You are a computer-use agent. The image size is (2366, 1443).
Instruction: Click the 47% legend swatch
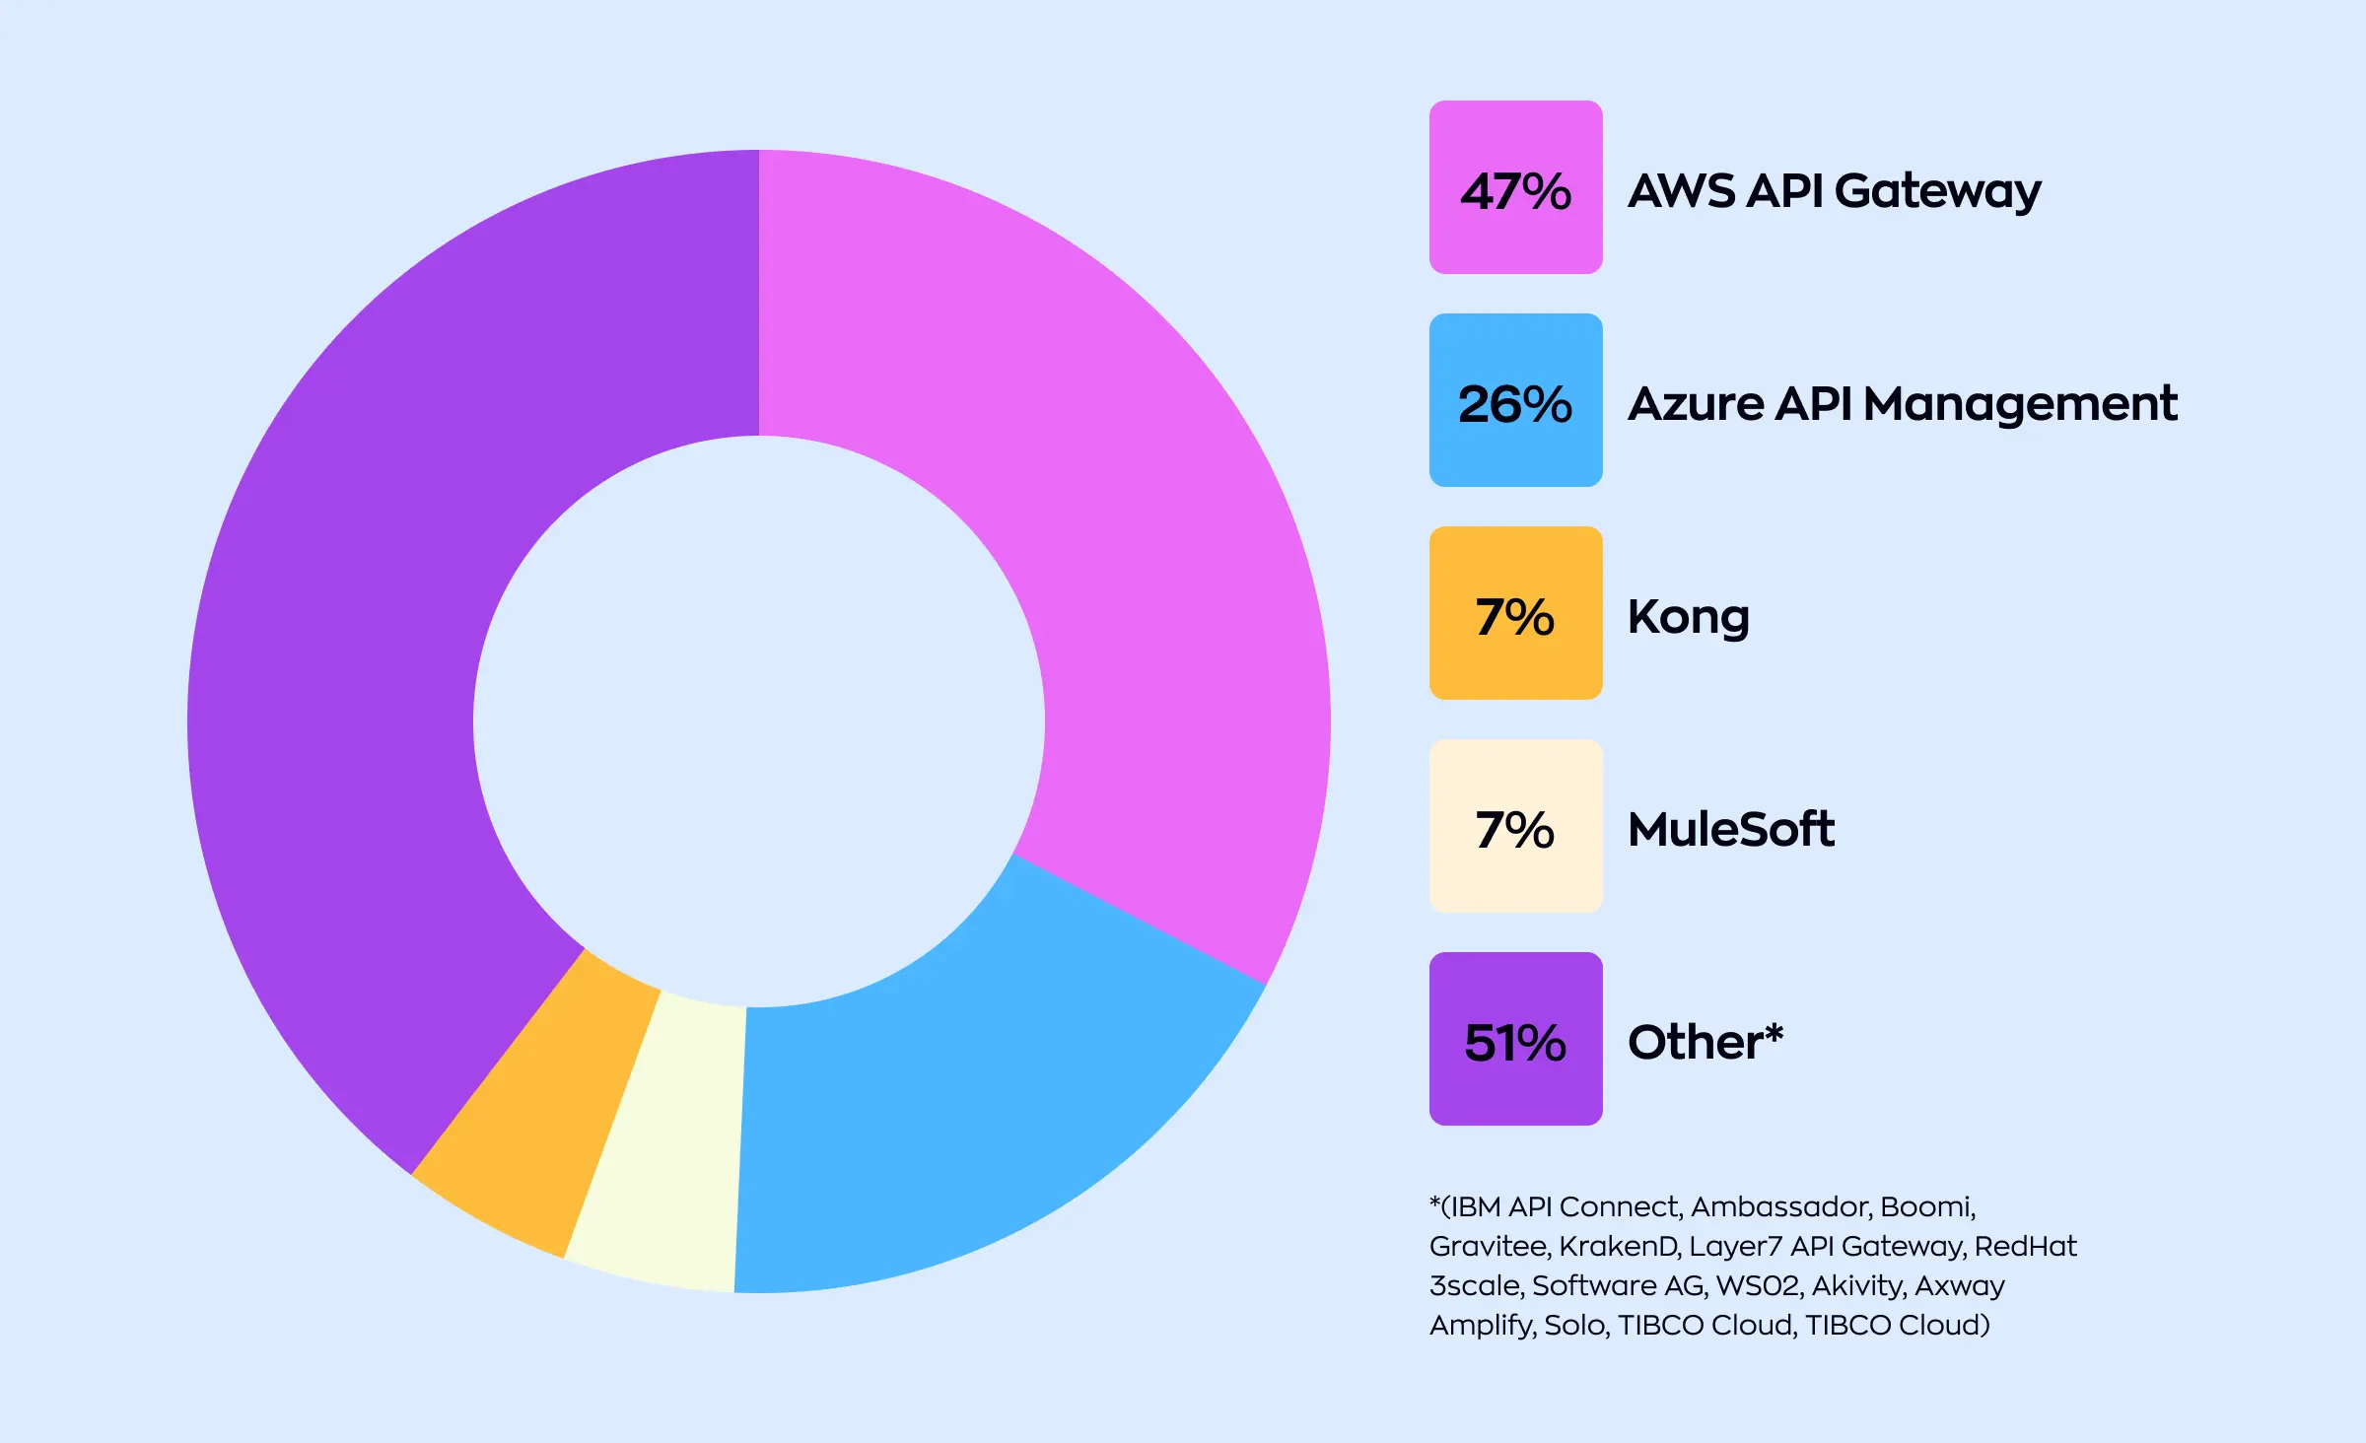point(1515,187)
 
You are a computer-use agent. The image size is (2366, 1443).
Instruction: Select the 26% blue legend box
point(1515,400)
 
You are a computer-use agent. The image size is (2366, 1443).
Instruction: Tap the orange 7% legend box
point(1515,613)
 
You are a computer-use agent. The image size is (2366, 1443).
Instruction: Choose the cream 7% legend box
point(1515,826)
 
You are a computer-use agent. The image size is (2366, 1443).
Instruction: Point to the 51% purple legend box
point(1515,1039)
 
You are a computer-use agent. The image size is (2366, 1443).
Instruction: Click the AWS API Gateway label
point(1834,191)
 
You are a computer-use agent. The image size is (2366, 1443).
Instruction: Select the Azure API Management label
point(1902,404)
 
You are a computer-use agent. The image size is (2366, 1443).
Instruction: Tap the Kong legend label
point(1688,618)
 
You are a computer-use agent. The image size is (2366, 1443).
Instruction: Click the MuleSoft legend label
point(1730,829)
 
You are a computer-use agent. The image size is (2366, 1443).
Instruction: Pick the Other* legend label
point(1705,1042)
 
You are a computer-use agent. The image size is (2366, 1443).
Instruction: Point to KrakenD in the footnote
point(1618,1247)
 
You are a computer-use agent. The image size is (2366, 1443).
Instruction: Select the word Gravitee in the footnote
point(1488,1247)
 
